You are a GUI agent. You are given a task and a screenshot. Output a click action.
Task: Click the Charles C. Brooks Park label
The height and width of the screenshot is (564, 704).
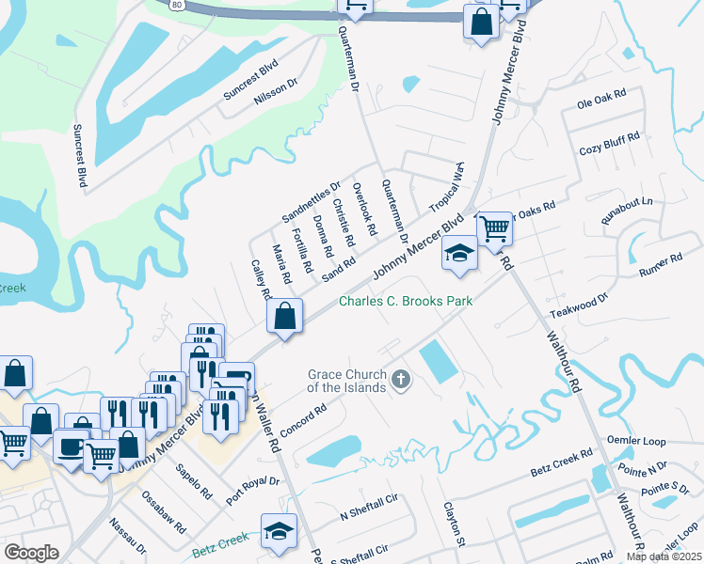click(x=405, y=302)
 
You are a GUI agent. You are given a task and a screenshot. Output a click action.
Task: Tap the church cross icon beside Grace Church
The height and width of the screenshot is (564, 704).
click(x=401, y=380)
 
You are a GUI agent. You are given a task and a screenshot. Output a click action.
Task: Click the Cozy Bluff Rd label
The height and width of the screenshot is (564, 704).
click(x=609, y=143)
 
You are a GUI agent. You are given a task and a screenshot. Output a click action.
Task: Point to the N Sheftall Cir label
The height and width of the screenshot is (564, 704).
click(x=370, y=508)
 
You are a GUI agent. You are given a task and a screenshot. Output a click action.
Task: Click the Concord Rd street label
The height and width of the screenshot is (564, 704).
click(x=302, y=424)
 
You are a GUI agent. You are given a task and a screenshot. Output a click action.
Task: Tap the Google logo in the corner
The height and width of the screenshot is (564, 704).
click(x=31, y=553)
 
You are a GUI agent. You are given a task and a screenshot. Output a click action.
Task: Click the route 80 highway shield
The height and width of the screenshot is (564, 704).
click(x=178, y=4)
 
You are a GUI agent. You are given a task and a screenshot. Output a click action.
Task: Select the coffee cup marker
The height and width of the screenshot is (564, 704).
click(x=71, y=446)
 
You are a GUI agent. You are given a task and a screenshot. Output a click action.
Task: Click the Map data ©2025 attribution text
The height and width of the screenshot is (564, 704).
click(x=664, y=556)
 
